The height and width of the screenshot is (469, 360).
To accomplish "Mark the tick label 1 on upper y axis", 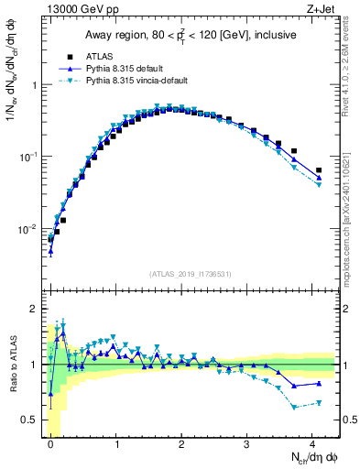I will tap(33, 85).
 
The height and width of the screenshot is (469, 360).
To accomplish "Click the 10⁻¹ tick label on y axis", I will tap(29, 157).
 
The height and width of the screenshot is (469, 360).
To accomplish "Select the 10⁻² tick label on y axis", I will tap(29, 228).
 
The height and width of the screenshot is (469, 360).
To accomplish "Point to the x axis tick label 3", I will tap(247, 444).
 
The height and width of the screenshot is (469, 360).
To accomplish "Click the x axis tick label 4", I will tap(312, 444).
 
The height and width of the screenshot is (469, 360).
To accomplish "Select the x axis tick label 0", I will tap(50, 444).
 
